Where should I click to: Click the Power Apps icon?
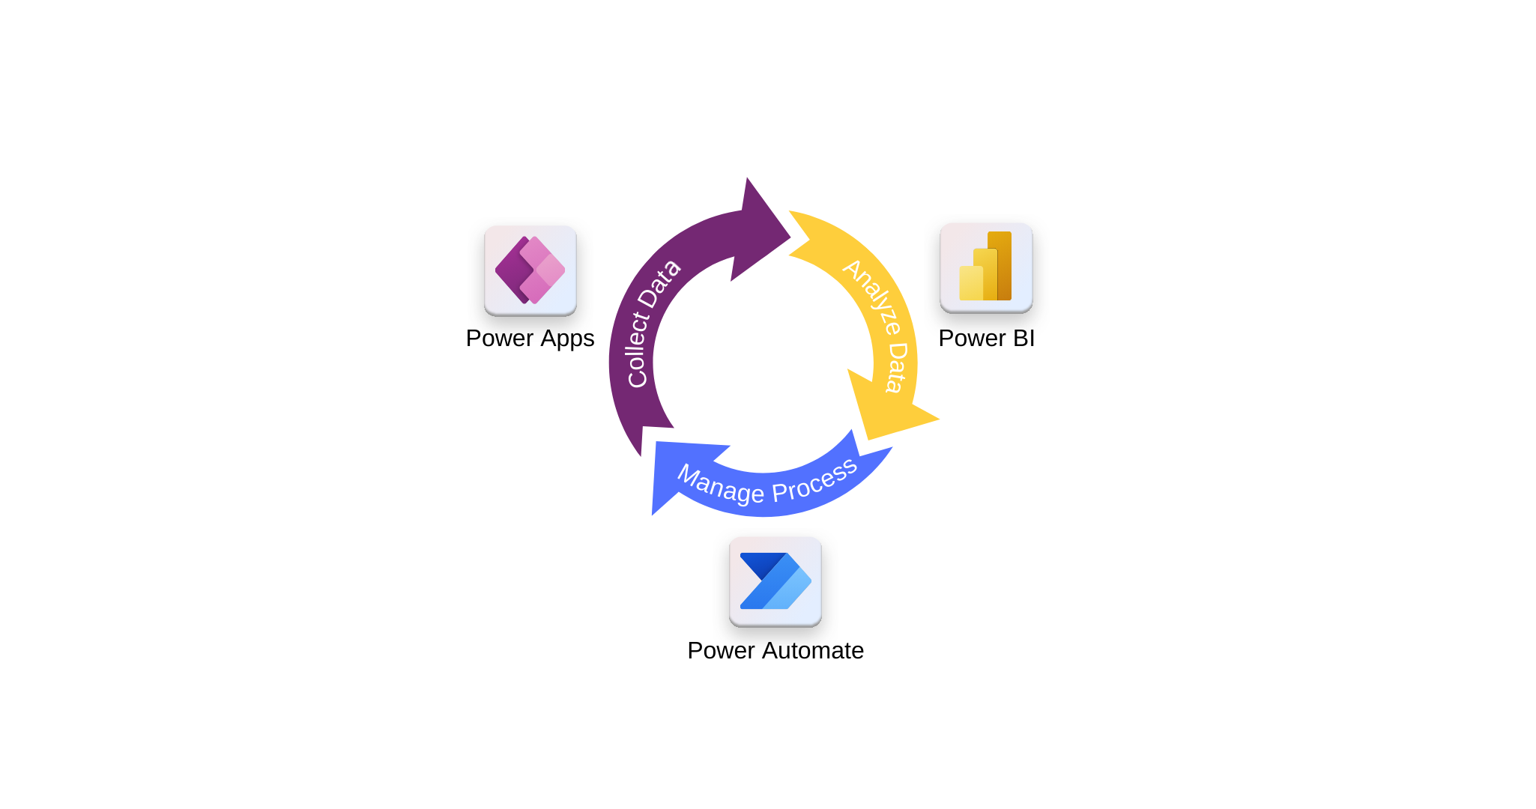click(530, 270)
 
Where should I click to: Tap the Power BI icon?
click(986, 267)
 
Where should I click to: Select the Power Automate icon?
click(775, 581)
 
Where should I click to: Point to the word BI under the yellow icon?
click(1024, 338)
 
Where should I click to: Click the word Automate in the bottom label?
click(812, 650)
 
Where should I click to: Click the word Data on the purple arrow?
click(660, 284)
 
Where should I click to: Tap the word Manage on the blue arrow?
click(720, 484)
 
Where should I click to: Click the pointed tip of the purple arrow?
click(789, 238)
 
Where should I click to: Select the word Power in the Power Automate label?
click(721, 650)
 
